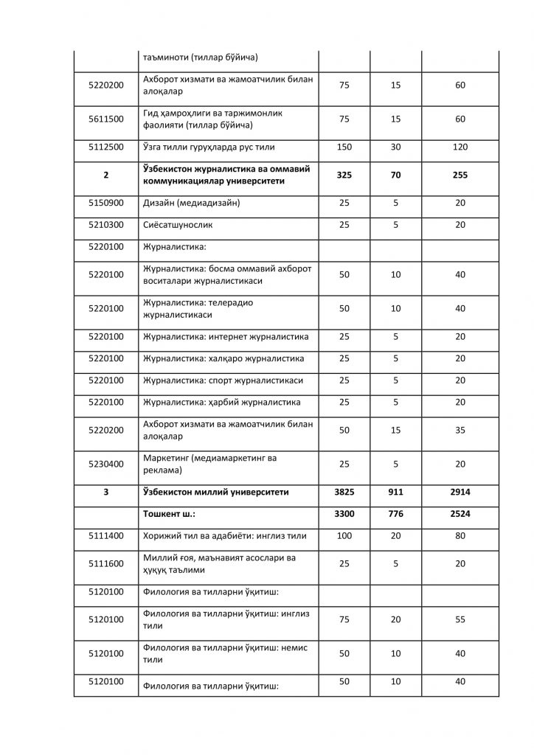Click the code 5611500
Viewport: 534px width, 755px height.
[x=105, y=119]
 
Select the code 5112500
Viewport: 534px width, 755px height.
[x=105, y=147]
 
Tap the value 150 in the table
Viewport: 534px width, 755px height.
[x=344, y=147]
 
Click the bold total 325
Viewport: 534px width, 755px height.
[x=344, y=175]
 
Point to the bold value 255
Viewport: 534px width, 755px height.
[x=460, y=175]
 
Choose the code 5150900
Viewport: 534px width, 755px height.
[x=105, y=203]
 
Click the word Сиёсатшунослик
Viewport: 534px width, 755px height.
[x=172, y=225]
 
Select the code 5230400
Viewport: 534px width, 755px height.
[x=105, y=464]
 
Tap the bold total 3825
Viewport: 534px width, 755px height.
[x=344, y=492]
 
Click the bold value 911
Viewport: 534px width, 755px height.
[x=395, y=492]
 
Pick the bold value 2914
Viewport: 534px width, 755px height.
[x=460, y=492]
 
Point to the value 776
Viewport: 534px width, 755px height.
[x=395, y=514]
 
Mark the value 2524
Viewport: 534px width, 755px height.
[x=460, y=514]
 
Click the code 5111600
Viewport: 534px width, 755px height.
[x=105, y=563]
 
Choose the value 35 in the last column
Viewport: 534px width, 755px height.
[x=460, y=430]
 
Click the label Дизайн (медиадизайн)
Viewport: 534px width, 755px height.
[x=190, y=203]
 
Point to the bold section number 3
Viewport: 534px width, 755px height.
[x=105, y=492]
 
